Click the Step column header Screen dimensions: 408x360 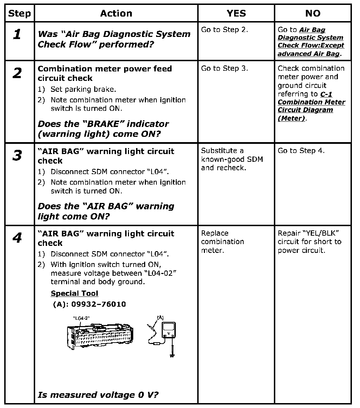click(19, 13)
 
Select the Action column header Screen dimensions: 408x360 click(116, 13)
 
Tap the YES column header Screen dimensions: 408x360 click(236, 13)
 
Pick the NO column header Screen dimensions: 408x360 click(313, 13)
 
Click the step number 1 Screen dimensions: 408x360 click(17, 34)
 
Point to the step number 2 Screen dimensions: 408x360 click(17, 73)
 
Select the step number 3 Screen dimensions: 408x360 click(17, 155)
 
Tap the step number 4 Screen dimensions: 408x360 click(17, 238)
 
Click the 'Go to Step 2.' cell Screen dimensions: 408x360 click(224, 30)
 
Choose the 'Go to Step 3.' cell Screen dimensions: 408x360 click(224, 68)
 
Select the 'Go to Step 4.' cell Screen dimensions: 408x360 click(301, 151)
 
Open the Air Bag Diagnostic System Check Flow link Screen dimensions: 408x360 click(311, 42)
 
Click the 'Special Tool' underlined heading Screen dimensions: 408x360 click(74, 293)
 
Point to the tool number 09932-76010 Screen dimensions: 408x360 click(89, 304)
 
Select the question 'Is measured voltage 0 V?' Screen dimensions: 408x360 click(98, 395)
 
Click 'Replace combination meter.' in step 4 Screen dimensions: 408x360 click(222, 242)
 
